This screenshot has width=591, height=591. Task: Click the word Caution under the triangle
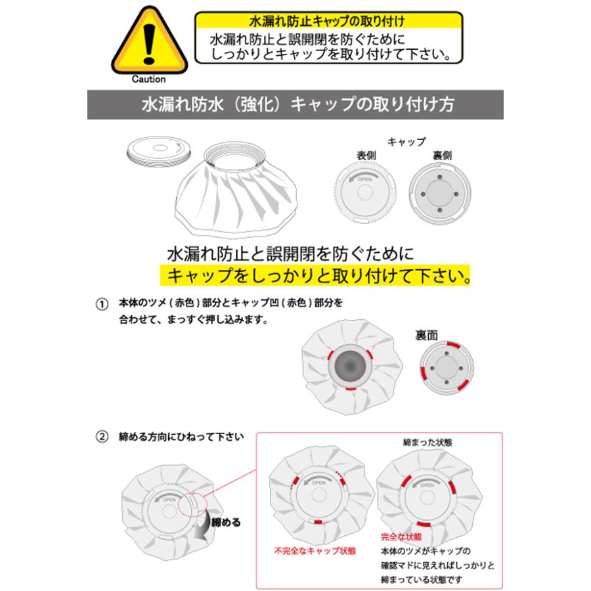click(148, 79)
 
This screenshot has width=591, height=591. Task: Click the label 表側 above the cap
click(366, 156)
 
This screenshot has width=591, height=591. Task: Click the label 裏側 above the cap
click(441, 156)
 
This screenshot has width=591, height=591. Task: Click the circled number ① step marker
click(101, 305)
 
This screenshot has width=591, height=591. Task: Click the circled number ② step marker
click(101, 436)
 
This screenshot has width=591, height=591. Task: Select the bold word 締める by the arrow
click(227, 523)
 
